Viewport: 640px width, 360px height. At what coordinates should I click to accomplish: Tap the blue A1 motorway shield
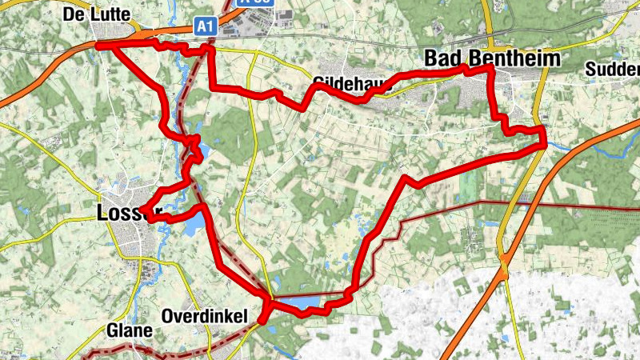(x=206, y=26)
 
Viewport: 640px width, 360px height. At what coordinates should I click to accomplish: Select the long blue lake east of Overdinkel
(x=300, y=302)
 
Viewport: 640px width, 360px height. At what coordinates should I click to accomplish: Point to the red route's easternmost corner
(x=544, y=144)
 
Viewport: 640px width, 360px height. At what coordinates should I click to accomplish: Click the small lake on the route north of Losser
(x=199, y=150)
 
